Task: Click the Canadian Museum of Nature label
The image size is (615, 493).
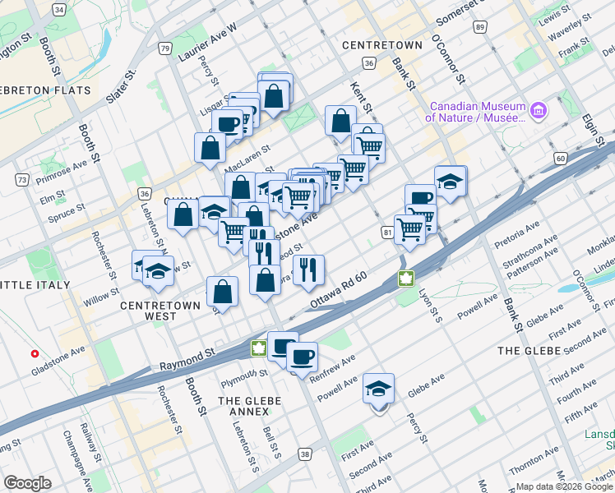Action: click(475, 112)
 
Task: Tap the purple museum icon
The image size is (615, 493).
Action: click(539, 109)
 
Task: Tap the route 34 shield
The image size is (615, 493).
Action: click(58, 9)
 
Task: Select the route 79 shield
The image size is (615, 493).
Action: click(165, 49)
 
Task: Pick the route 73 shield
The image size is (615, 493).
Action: click(21, 179)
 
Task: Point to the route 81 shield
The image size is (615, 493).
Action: click(386, 233)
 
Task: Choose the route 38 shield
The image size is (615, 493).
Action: click(305, 454)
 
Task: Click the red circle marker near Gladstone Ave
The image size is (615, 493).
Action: click(35, 354)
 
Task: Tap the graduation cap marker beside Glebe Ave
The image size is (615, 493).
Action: click(378, 388)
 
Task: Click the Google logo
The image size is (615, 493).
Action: click(27, 482)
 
